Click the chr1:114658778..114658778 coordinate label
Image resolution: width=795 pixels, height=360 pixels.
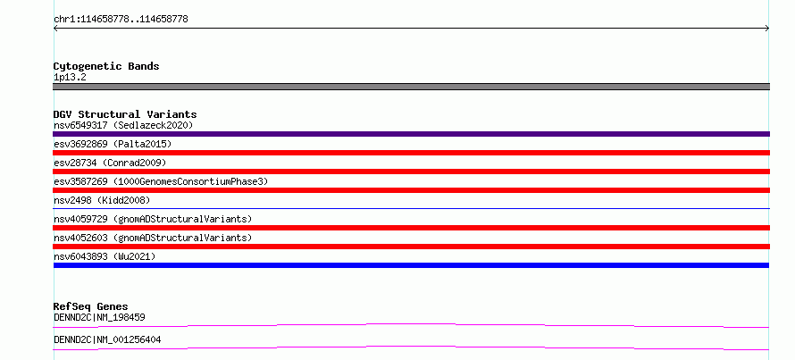121,20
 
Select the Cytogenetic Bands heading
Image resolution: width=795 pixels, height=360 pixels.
106,66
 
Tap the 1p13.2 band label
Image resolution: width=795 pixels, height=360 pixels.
70,78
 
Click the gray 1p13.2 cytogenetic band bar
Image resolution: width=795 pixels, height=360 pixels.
411,87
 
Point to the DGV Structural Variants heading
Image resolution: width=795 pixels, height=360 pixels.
125,114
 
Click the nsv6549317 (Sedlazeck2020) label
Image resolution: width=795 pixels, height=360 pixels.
123,125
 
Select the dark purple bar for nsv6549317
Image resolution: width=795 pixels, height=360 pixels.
411,134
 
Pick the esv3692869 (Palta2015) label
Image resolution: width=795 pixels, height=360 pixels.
113,144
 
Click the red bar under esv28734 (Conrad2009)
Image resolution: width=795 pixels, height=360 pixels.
411,172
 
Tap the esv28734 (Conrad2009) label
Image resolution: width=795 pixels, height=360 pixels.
110,163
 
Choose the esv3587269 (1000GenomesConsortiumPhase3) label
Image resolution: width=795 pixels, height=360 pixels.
161,181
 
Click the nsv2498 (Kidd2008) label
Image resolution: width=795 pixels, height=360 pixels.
102,200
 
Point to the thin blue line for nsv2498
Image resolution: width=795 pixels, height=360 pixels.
411,208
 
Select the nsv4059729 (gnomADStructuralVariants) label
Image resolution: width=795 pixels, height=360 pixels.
153,219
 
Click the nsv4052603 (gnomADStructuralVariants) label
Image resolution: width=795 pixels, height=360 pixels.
153,238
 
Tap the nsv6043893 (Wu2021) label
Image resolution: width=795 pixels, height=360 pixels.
105,256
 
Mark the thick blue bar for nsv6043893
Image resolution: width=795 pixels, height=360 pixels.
411,265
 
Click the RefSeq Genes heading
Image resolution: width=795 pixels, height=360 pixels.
90,306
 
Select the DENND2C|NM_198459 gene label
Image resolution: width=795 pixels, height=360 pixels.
99,317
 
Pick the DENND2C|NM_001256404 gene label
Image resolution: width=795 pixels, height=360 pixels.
107,339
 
